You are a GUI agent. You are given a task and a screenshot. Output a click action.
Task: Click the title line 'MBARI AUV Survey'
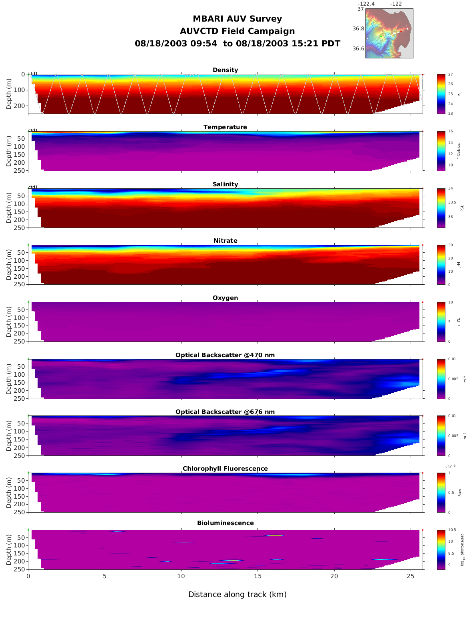point(237,19)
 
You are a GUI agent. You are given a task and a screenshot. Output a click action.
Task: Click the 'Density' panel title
point(225,70)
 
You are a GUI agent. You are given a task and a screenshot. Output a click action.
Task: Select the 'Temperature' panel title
point(225,127)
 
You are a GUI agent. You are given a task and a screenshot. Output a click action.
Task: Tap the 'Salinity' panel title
point(225,184)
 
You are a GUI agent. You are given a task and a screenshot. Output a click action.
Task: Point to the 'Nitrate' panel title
point(225,241)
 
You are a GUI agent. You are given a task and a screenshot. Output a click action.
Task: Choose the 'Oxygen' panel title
point(225,298)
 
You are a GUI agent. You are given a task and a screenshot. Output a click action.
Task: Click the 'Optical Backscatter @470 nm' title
point(225,355)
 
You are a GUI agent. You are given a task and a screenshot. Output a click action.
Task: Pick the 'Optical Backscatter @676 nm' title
point(225,412)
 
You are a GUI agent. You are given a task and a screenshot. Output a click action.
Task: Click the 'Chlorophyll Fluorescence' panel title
point(225,469)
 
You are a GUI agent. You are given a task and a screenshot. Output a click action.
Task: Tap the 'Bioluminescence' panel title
point(225,523)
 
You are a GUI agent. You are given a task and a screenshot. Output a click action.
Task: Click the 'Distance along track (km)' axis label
point(237,595)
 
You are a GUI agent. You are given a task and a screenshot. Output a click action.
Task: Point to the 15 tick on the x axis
point(257,576)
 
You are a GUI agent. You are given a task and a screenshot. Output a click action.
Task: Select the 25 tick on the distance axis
point(410,576)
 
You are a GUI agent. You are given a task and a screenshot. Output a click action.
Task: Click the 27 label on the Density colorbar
point(451,74)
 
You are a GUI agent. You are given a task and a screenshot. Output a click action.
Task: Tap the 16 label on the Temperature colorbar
point(451,132)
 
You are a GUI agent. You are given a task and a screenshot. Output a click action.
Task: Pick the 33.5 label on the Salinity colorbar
point(452,202)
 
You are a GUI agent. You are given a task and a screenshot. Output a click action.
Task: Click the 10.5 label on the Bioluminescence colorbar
point(452,530)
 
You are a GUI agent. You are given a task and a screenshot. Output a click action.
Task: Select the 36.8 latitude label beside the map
point(358,29)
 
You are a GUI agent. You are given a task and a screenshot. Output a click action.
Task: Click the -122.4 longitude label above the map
point(366,4)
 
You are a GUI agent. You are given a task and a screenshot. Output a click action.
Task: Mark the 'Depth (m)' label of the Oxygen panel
point(9,322)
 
